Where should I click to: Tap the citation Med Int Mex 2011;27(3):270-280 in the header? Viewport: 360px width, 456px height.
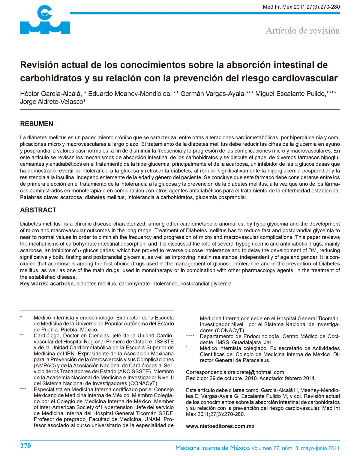pyautogui.click(x=301, y=7)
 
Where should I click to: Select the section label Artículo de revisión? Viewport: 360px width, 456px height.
pyautogui.click(x=303, y=31)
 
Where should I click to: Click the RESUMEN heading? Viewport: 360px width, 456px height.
pyautogui.click(x=37, y=124)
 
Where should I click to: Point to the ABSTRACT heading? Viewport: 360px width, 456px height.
pyautogui.click(x=38, y=210)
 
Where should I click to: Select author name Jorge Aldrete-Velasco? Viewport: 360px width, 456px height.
pyautogui.click(x=52, y=102)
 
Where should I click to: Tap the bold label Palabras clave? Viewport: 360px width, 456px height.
pyautogui.click(x=39, y=198)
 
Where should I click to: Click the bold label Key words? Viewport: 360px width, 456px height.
pyautogui.click(x=34, y=284)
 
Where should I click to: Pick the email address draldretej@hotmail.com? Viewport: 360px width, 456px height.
pyautogui.click(x=256, y=372)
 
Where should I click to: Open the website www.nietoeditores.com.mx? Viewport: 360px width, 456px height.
pyautogui.click(x=220, y=426)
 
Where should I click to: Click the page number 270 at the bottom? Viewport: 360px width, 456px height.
pyautogui.click(x=25, y=446)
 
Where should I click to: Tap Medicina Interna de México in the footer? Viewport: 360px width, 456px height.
pyautogui.click(x=212, y=448)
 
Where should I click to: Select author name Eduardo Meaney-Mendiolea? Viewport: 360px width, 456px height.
pyautogui.click(x=129, y=94)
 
